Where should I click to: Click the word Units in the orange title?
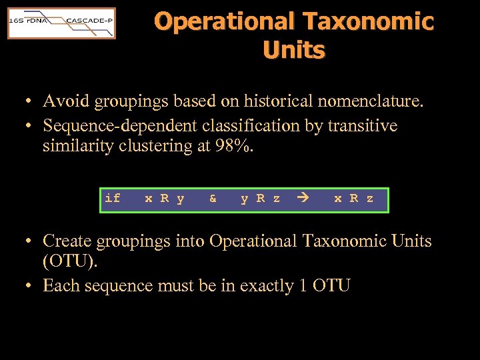tap(294, 50)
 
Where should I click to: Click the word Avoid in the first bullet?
tap(67, 102)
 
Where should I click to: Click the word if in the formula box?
tap(113, 199)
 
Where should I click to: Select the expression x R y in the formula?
tap(164, 199)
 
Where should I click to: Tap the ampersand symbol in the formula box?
tap(213, 199)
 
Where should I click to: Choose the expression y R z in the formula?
tap(260, 199)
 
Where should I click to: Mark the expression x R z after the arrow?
tap(353, 199)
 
